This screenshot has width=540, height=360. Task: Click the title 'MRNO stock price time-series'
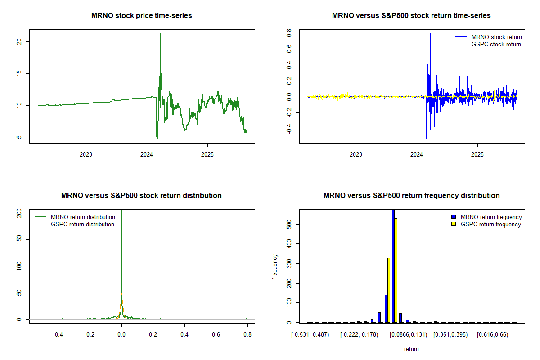tap(141, 16)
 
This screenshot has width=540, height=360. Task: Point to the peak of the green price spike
tap(160, 34)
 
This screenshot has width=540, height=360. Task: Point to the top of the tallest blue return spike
tap(430, 34)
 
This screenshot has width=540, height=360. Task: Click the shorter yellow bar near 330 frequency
tap(389, 290)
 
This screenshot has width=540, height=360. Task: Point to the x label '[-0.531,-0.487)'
tap(310, 335)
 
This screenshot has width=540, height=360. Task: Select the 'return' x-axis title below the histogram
tap(411, 349)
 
